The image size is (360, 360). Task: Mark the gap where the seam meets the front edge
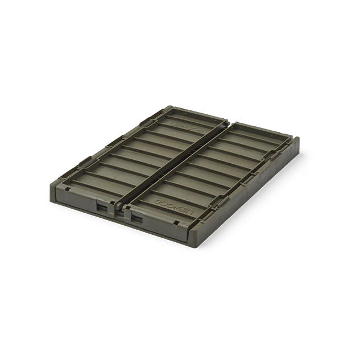[121, 212]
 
